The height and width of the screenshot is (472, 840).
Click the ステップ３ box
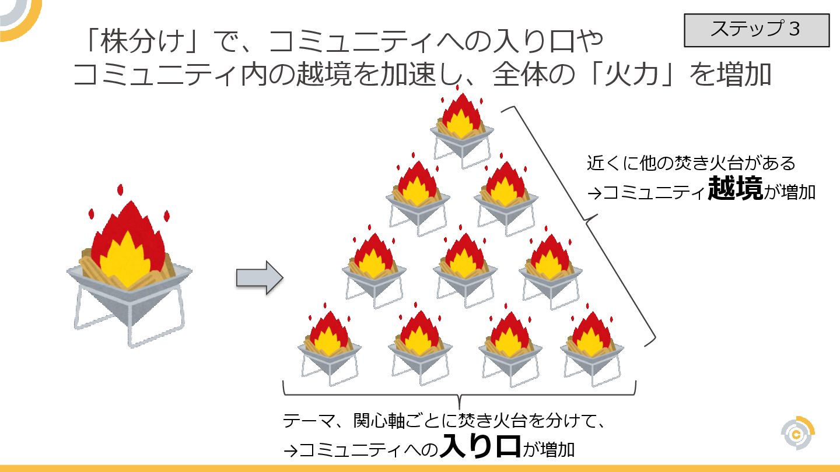pyautogui.click(x=756, y=30)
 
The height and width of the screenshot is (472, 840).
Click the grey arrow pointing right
pyautogui.click(x=259, y=278)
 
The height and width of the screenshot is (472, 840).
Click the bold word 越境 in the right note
pyautogui.click(x=735, y=190)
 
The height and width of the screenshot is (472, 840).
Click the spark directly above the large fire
pyautogui.click(x=121, y=190)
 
